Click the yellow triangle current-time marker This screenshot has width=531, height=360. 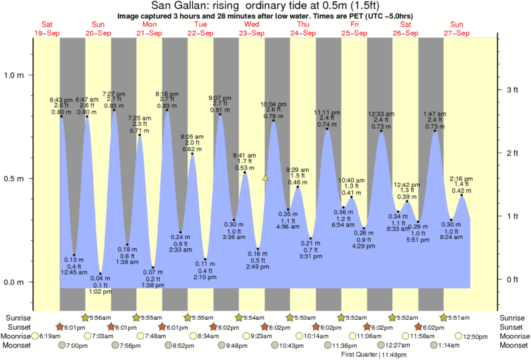click(x=265, y=178)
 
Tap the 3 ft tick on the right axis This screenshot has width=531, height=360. click(x=512, y=90)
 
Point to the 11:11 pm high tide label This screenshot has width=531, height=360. click(x=327, y=113)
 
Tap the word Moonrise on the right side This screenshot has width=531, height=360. click(x=512, y=336)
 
